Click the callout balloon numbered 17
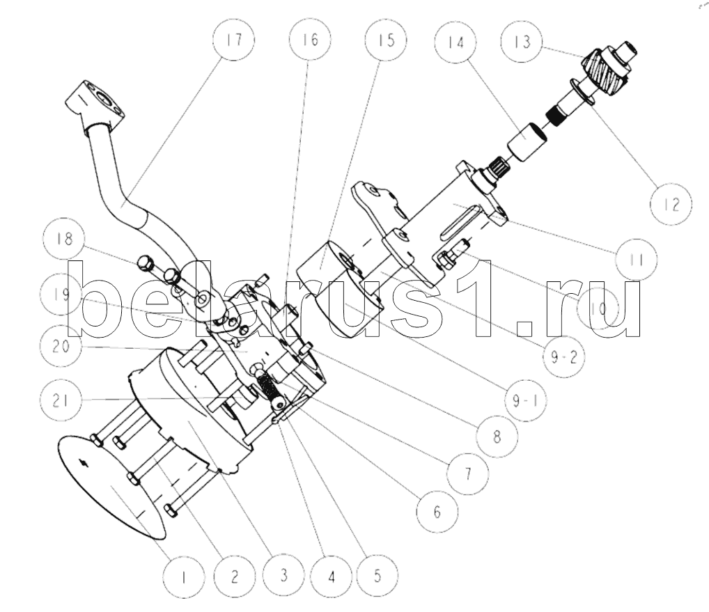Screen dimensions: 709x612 coord(234,39)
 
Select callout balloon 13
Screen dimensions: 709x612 coord(522,42)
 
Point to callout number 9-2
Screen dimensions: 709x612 coord(564,357)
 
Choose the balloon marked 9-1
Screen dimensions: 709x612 coord(525,400)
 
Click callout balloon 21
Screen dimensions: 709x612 coord(61,400)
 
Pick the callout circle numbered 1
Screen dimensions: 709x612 coord(184,577)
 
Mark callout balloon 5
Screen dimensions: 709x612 coord(377,575)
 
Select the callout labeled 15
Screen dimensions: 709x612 coord(386,40)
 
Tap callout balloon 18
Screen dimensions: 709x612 coord(65,238)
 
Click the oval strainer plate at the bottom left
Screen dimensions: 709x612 coord(111,487)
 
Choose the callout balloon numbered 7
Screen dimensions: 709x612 coord(467,473)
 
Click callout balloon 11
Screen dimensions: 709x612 coord(636,260)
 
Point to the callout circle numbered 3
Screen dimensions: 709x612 coord(283,575)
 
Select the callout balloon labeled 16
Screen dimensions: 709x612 coord(310,40)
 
